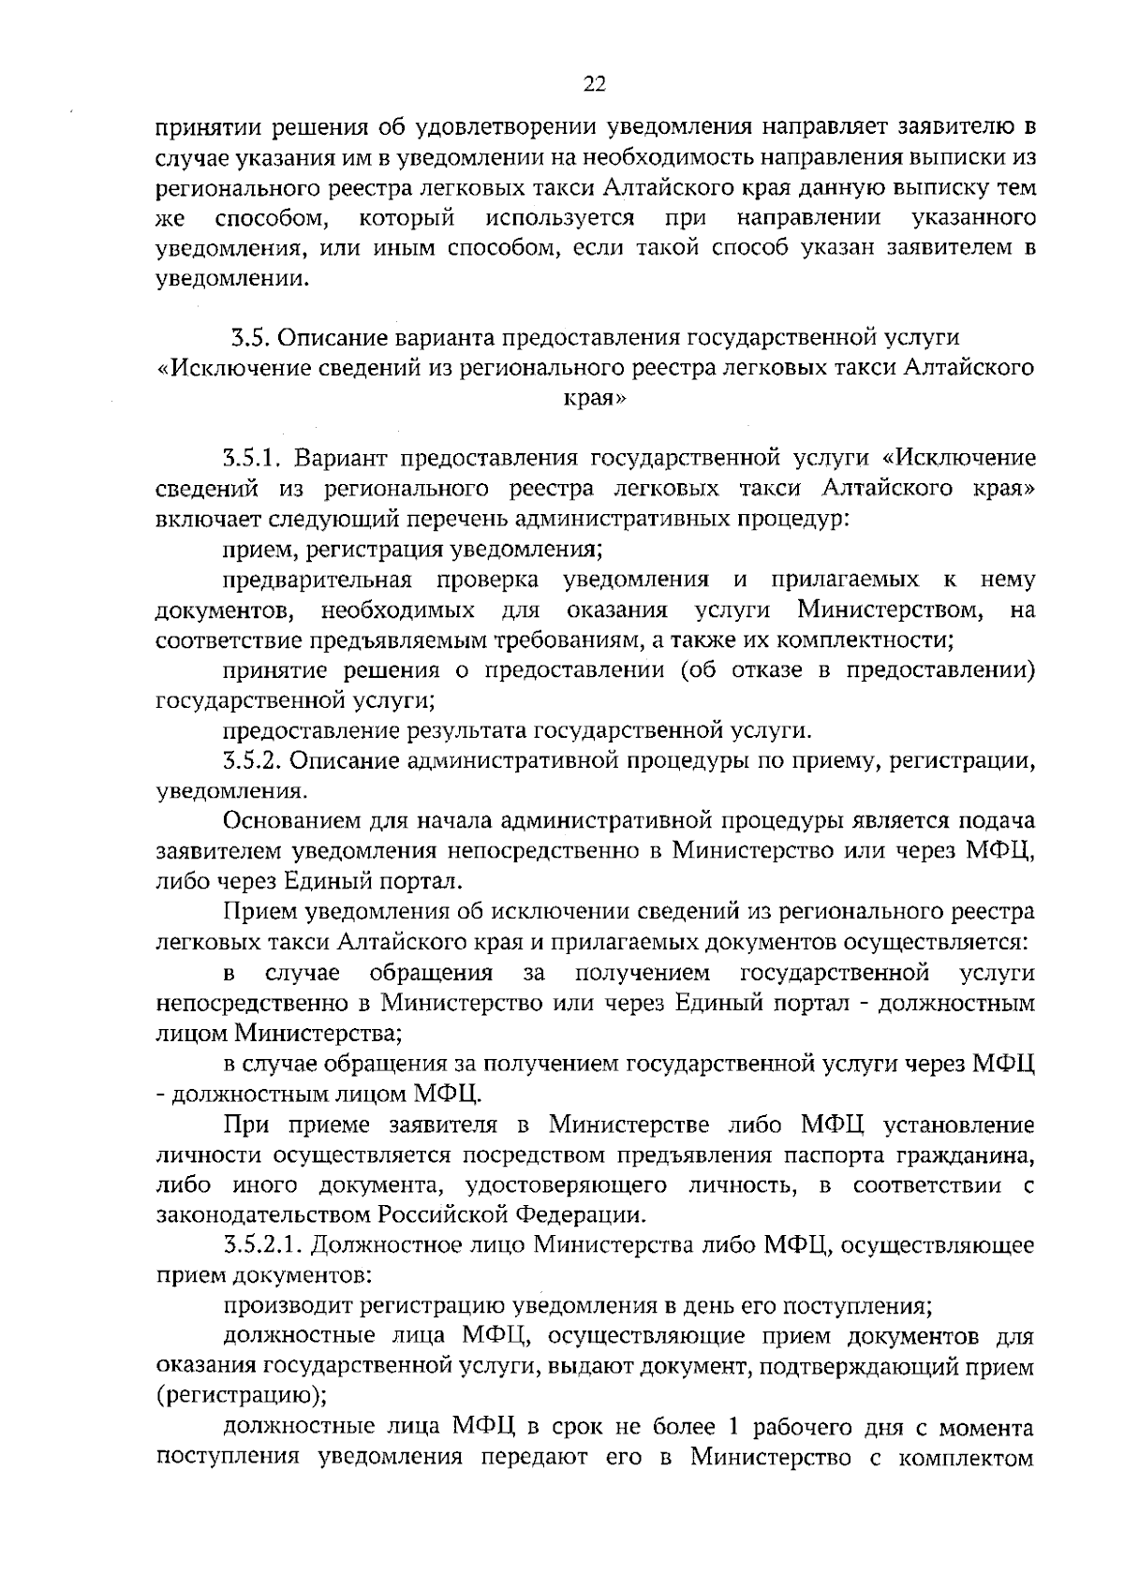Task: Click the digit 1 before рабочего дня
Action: tap(735, 1426)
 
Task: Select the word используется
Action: tap(560, 219)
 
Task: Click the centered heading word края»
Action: tap(594, 397)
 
